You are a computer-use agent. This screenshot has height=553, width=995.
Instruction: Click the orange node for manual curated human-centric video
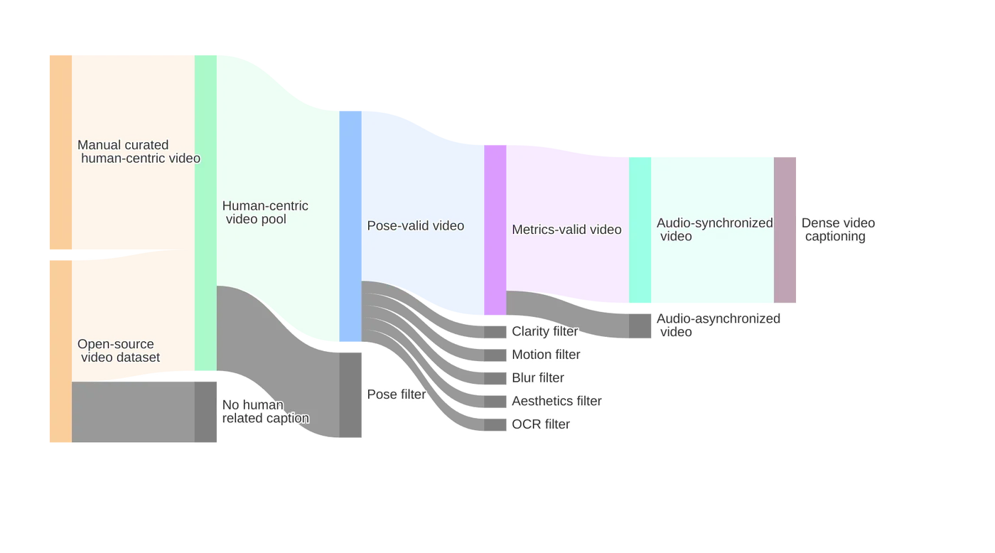pos(60,152)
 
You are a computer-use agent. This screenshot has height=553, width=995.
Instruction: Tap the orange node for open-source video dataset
pos(60,351)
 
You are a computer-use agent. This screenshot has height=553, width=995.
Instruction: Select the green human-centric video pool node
pos(205,213)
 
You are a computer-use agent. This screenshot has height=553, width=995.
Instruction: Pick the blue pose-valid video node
pos(350,226)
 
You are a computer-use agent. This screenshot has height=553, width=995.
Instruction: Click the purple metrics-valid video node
pos(495,230)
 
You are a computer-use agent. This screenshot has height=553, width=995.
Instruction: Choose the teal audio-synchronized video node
pos(640,230)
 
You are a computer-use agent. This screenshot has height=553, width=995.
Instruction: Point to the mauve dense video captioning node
pos(785,230)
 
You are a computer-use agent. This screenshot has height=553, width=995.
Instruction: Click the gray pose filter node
pos(350,395)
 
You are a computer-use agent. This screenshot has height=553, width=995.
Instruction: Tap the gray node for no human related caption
pos(205,412)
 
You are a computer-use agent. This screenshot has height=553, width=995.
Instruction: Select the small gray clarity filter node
pos(495,332)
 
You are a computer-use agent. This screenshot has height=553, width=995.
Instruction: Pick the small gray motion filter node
pos(495,355)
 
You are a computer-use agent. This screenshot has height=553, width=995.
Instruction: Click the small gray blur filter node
pos(495,378)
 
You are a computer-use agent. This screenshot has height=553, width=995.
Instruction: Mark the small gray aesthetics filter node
pos(495,402)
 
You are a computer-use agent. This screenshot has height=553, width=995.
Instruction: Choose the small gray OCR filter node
pos(495,424)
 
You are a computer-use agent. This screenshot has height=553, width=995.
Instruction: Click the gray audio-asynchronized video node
pos(640,326)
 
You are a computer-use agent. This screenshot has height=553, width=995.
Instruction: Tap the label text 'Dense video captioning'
pos(838,230)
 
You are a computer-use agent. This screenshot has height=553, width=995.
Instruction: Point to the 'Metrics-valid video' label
pos(566,230)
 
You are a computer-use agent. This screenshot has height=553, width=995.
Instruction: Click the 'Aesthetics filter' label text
pos(556,401)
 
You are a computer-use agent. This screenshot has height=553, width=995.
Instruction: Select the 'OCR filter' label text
pos(541,424)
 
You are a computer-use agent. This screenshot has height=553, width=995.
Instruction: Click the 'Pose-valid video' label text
pos(415,225)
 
